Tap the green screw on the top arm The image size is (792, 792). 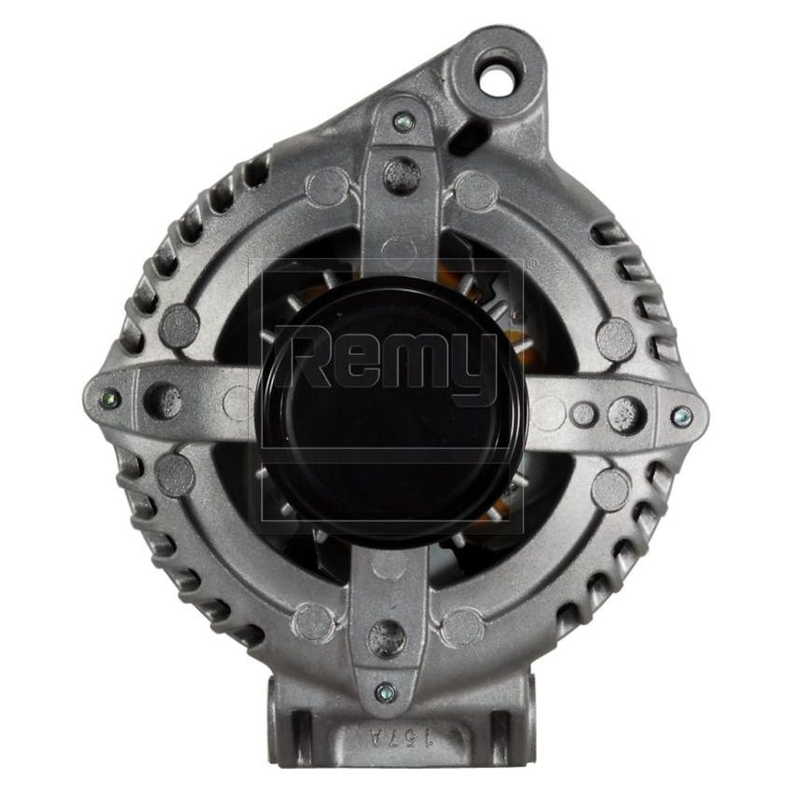pos(403,121)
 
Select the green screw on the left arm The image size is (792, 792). pos(110,398)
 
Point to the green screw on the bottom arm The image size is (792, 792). pos(385,690)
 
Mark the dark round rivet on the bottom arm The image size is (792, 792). pos(383,636)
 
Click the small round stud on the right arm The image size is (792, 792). pos(583,413)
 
